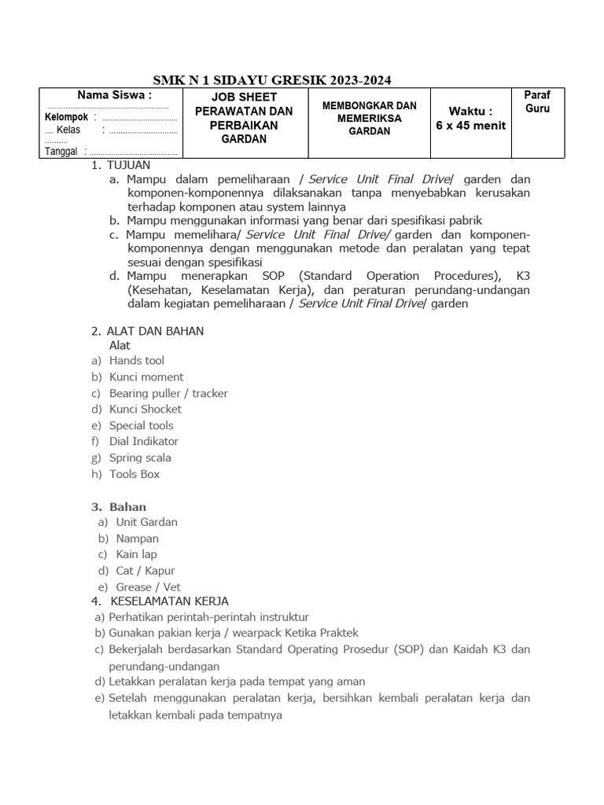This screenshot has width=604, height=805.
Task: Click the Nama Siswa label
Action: point(114,95)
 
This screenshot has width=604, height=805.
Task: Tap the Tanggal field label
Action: point(61,151)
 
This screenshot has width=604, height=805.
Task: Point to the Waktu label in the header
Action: point(470,111)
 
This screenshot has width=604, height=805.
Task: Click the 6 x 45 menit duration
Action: point(470,126)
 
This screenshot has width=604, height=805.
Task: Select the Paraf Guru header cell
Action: point(537,102)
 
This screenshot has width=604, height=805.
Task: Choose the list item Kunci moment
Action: point(146,377)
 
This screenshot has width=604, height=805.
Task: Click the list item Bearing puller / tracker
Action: point(168,393)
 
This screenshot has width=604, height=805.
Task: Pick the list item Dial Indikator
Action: point(144,442)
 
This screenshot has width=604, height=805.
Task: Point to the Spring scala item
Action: point(140,458)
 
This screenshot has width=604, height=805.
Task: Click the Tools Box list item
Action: point(134,474)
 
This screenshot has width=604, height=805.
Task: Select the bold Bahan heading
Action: point(127,507)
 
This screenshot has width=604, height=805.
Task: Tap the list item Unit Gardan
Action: point(146,522)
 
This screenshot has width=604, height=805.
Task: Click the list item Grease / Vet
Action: point(148,587)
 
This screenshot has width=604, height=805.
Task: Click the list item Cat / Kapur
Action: point(145,571)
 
